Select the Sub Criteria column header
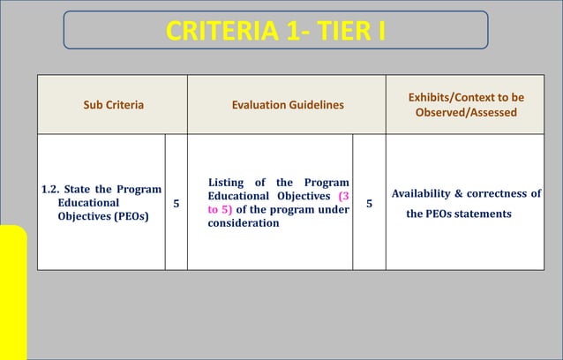pyautogui.click(x=113, y=105)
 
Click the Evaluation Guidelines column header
pyautogui.click(x=287, y=105)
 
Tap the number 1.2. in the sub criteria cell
pyautogui.click(x=56, y=190)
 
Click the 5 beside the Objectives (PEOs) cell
pyautogui.click(x=176, y=204)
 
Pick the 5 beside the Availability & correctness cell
pyautogui.click(x=369, y=204)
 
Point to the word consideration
pyautogui.click(x=244, y=224)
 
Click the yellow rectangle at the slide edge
pyautogui.click(x=13, y=291)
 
